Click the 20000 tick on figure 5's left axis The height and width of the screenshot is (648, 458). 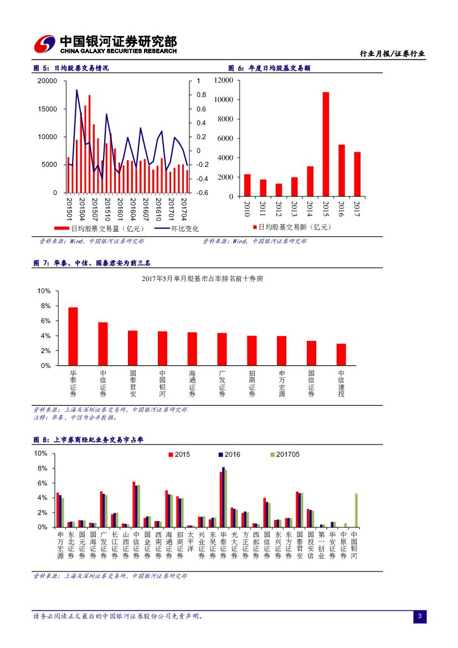click(x=47, y=81)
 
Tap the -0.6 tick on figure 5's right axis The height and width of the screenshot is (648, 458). click(x=202, y=193)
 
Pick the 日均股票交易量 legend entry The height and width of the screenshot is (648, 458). click(x=100, y=228)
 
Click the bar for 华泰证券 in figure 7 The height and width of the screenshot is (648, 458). click(x=73, y=336)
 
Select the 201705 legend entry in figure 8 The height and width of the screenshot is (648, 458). click(x=287, y=455)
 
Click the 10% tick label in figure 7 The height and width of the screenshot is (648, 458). click(x=44, y=291)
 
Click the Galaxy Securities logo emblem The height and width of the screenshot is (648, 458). click(x=44, y=44)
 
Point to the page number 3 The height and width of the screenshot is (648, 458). click(x=420, y=616)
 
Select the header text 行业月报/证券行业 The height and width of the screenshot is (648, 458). click(x=392, y=54)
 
